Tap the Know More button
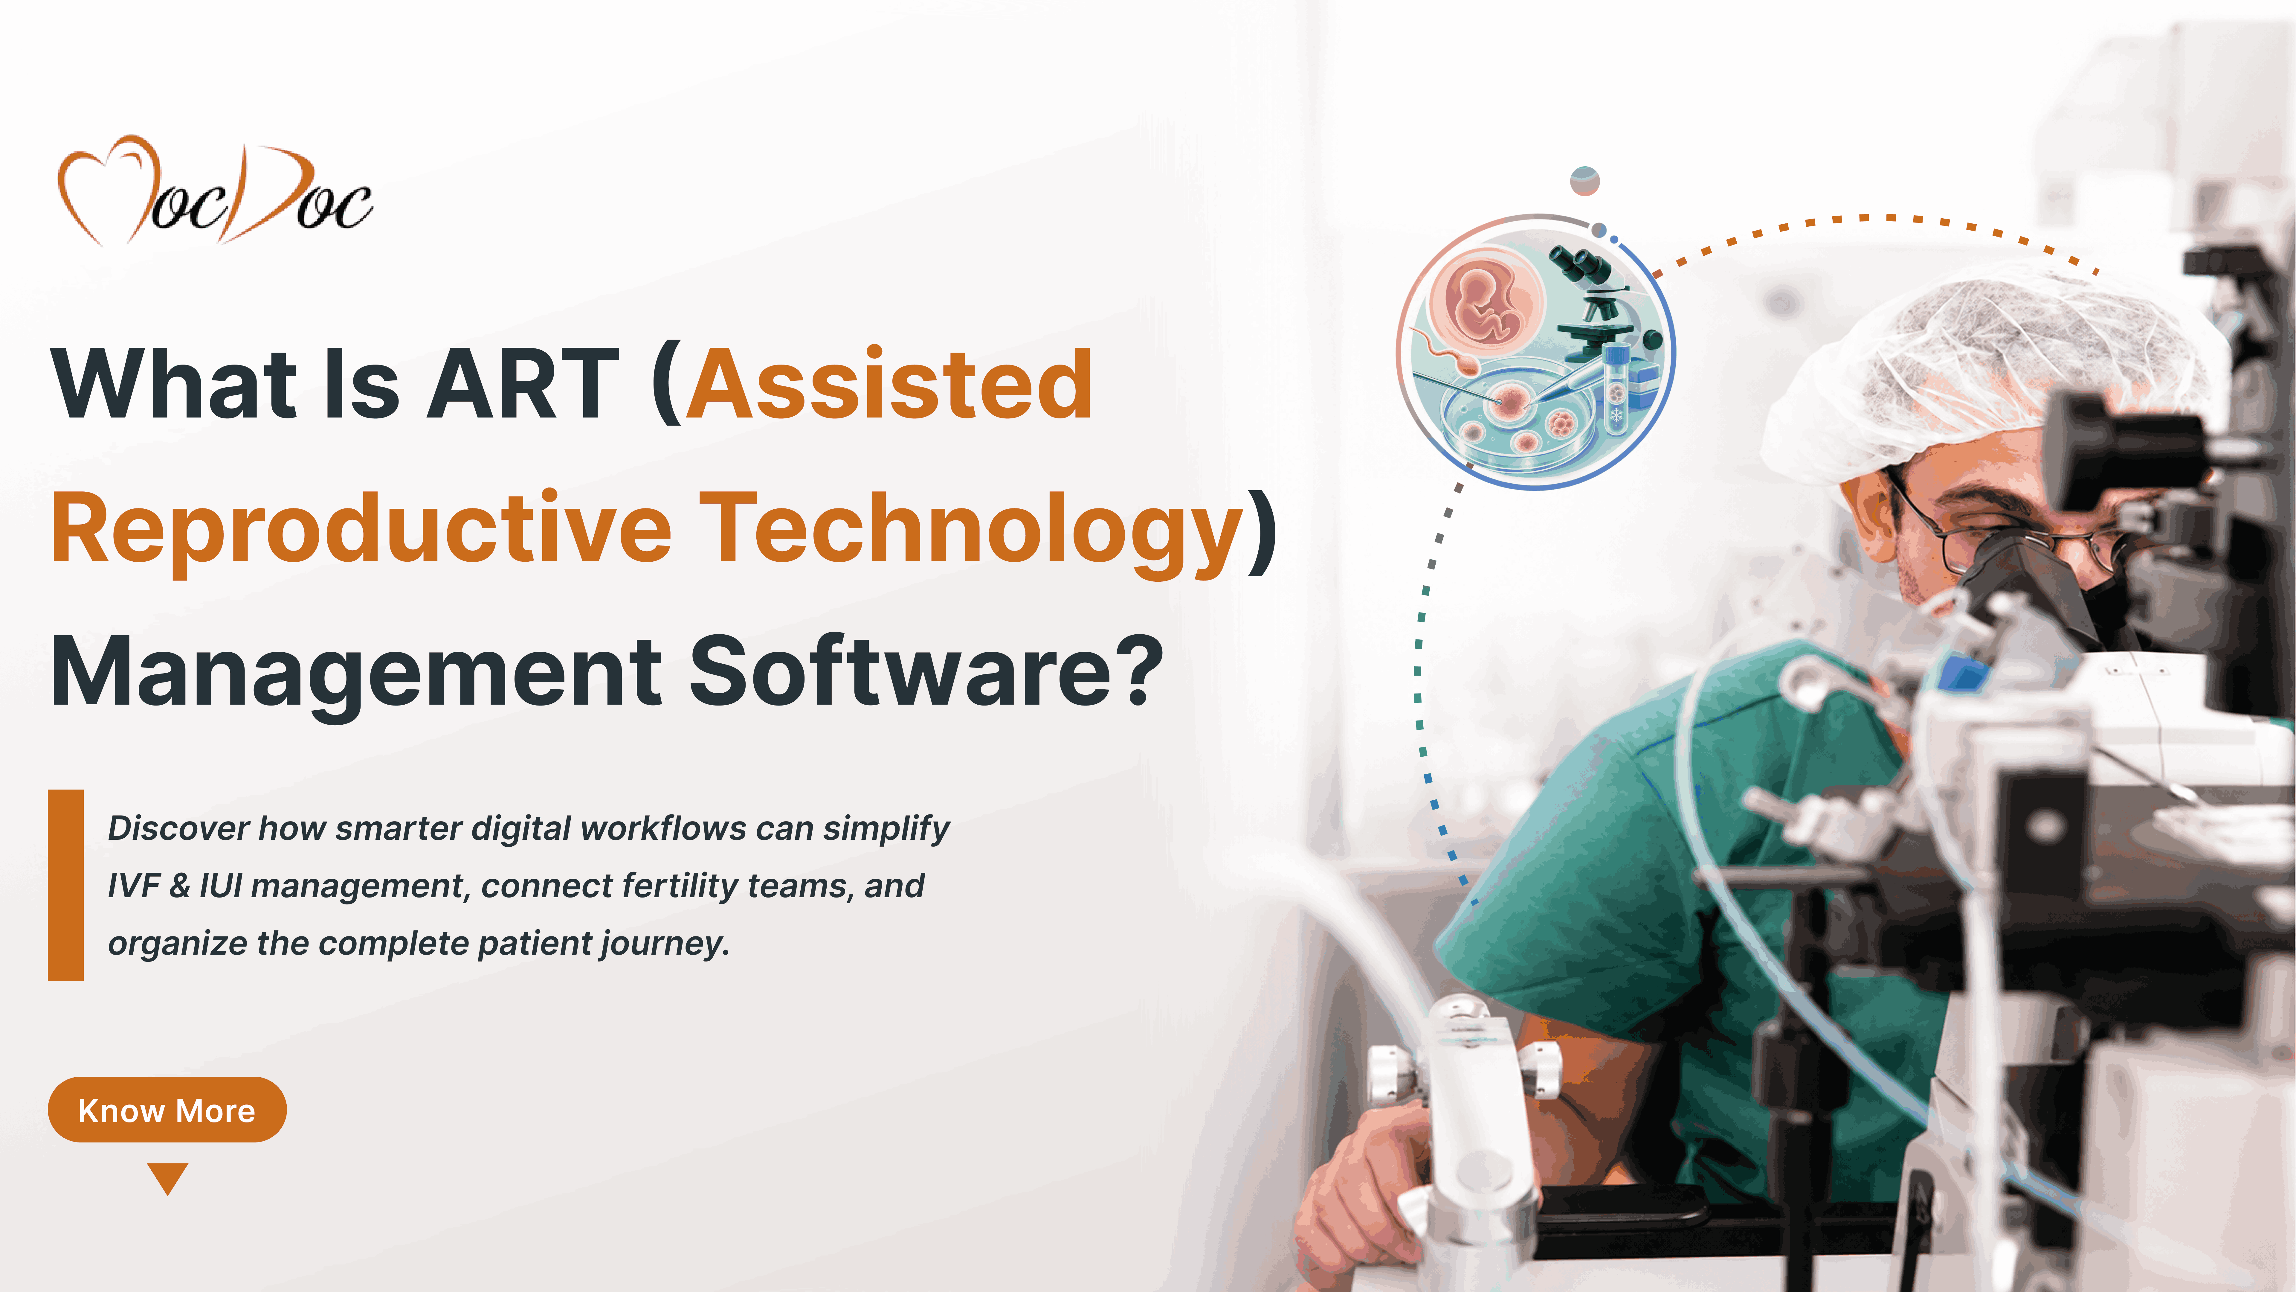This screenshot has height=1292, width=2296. tap(167, 1110)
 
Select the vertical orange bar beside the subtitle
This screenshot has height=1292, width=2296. tap(66, 885)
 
